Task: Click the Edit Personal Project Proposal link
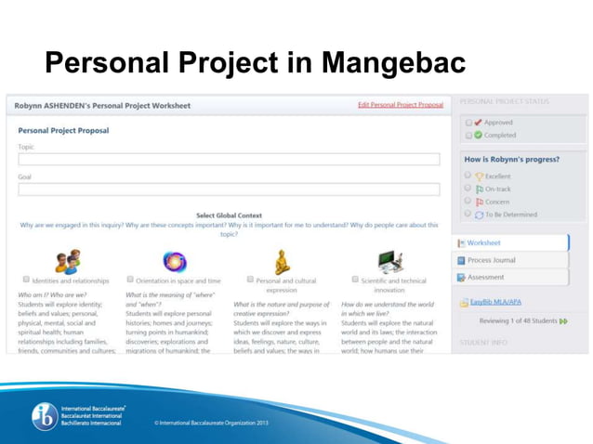[401, 105]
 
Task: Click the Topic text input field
[229, 160]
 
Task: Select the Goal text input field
[229, 189]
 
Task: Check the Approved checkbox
[468, 123]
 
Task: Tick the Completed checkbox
[468, 136]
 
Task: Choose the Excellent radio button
[468, 176]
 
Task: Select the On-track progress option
[468, 189]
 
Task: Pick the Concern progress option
[468, 202]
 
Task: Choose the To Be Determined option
[468, 215]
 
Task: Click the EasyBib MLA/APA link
[495, 302]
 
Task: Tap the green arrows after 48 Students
[562, 321]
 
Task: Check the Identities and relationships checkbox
[26, 280]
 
